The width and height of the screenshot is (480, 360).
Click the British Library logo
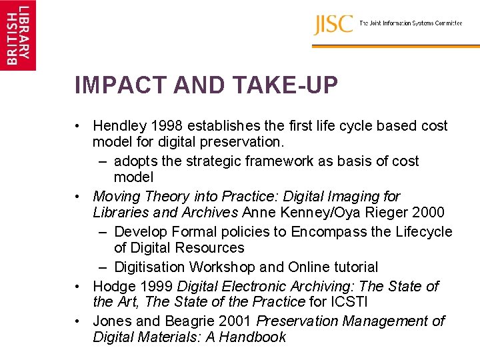[x=18, y=35]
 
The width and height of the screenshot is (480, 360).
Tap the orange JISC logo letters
[x=333, y=24]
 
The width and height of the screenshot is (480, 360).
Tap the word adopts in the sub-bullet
[x=134, y=161]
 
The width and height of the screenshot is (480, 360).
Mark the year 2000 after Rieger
[x=429, y=213]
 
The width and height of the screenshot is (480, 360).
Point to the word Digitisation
[x=150, y=267]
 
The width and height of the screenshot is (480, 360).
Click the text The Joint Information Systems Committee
[x=411, y=23]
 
